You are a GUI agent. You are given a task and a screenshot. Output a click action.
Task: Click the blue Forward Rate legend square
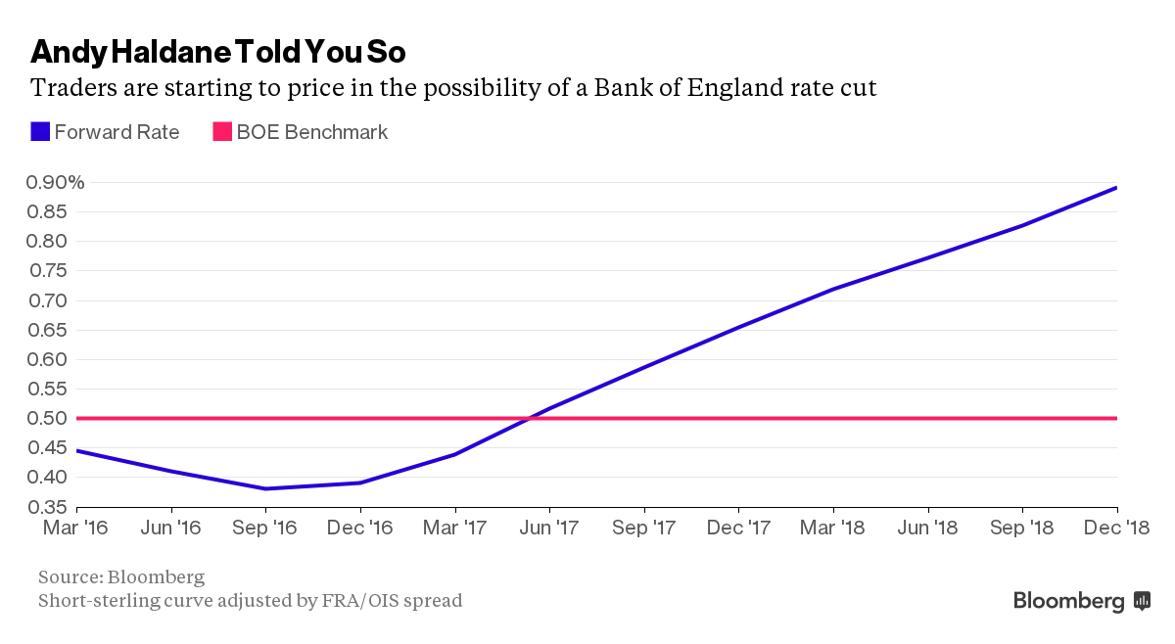point(40,132)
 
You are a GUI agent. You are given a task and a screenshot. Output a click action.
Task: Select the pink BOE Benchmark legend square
point(222,132)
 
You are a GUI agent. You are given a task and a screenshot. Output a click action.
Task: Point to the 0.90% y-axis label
point(44,182)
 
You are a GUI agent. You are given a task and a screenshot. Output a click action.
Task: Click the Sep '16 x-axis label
point(266,529)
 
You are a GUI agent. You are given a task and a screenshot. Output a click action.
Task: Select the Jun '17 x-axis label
point(549,529)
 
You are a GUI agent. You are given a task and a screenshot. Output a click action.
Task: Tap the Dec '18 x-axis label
point(1116,529)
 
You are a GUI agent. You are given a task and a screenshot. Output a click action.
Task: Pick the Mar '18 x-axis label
point(833,529)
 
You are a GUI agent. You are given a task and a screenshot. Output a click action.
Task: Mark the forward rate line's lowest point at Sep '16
point(266,488)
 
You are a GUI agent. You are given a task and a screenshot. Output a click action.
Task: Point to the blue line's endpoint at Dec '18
point(1116,188)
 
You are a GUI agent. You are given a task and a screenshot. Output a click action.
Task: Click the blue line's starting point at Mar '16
point(77,451)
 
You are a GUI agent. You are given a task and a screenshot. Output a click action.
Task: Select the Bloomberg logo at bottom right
point(1081,601)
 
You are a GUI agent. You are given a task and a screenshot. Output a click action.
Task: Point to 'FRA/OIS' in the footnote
point(359,600)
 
